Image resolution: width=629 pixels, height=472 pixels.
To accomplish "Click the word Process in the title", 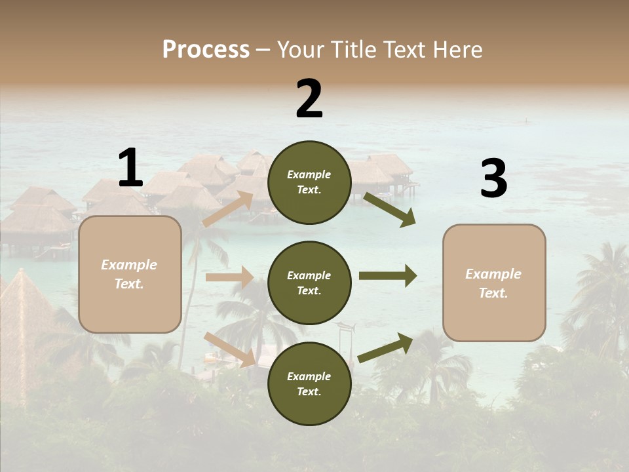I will coord(206,50).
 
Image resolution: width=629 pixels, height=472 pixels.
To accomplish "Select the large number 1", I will coord(130,168).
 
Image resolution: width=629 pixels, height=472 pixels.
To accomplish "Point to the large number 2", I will coord(309,99).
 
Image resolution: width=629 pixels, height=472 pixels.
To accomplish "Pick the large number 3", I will coord(493,179).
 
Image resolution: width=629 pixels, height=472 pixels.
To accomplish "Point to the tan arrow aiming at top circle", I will coord(228,208).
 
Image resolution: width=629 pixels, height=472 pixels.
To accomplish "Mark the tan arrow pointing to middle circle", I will coord(229,277).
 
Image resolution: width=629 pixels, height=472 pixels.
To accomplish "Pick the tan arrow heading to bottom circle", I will coord(230,349).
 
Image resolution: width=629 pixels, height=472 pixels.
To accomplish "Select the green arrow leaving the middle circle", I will coord(388,276).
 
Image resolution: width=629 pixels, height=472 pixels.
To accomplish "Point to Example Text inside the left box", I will coord(129,274).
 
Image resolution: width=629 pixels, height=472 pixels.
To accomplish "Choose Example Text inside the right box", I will coord(493,283).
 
